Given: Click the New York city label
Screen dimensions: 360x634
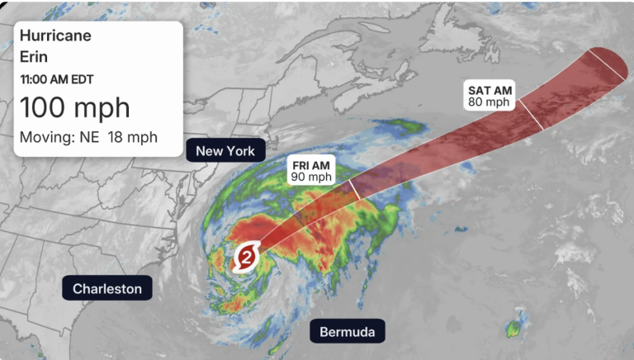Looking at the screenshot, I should coord(225,150).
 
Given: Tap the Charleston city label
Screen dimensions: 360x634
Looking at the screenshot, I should coord(107,288).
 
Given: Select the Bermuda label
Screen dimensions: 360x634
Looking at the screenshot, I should coord(348,333).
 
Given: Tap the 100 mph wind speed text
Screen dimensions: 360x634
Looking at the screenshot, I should coord(74,107).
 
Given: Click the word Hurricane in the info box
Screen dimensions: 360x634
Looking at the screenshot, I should coord(55,36).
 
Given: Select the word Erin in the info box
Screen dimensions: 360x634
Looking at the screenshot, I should coord(35,58).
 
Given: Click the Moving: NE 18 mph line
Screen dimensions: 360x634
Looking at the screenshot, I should coord(88,136).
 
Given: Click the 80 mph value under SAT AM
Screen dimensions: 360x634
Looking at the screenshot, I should coord(489,102).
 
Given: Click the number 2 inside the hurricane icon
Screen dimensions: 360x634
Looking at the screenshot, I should coord(248,257).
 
